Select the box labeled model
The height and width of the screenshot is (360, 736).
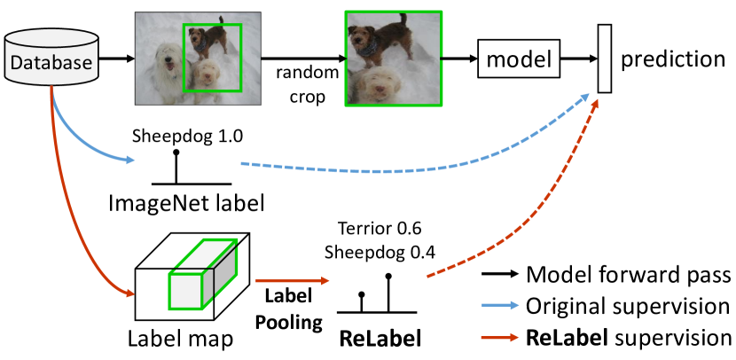coord(519,60)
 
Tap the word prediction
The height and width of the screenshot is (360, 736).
coord(673,60)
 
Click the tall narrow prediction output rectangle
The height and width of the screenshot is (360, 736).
coord(606,59)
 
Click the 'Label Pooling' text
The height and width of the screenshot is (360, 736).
coord(290,307)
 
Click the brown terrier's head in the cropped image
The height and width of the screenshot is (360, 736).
coord(366,35)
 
